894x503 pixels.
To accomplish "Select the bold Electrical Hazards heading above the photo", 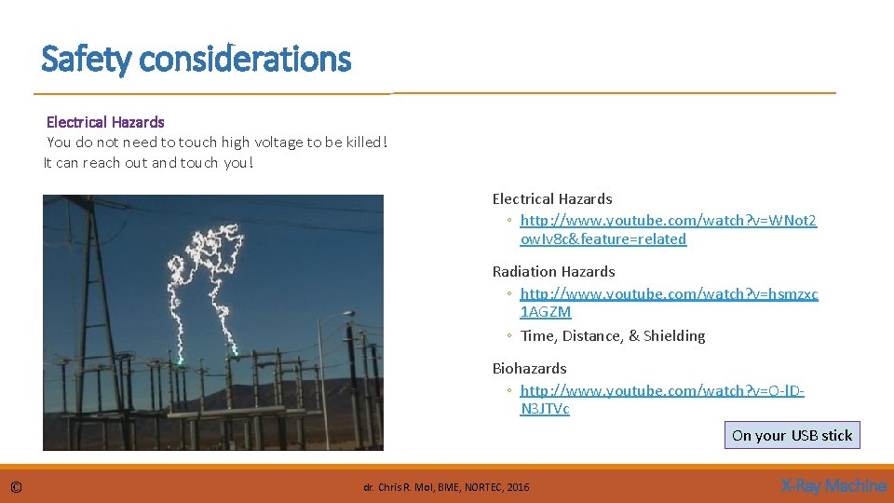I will pos(105,122).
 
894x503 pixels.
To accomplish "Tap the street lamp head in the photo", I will pos(325,317).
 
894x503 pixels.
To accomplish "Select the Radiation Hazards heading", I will pos(553,272).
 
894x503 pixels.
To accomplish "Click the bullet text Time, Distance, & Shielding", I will pos(613,336).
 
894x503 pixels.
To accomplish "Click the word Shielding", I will pos(674,336).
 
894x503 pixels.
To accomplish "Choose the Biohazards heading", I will pos(529,369).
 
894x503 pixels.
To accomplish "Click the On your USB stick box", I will pos(792,435).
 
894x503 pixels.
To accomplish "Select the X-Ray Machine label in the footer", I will pos(833,486).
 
